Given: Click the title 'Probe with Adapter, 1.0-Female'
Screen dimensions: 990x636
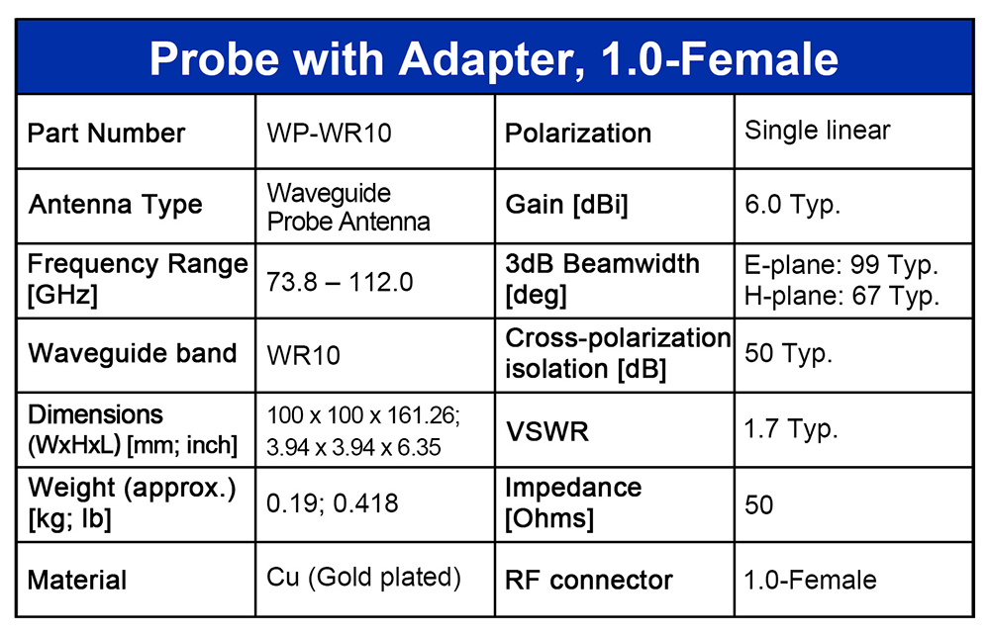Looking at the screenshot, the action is pos(494,58).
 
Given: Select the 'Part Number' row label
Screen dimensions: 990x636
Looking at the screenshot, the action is pos(106,134).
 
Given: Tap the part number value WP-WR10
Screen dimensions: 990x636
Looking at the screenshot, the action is pos(329,134).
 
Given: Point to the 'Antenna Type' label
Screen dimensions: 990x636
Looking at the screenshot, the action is pos(115,205).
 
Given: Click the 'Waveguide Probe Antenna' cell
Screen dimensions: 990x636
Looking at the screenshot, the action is pos(347,207).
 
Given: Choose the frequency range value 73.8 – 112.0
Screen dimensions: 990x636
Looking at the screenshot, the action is pos(340,282).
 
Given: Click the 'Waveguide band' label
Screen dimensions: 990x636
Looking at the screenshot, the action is pos(132,353).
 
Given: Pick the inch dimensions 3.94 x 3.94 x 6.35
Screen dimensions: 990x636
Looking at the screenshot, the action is pos(353,447).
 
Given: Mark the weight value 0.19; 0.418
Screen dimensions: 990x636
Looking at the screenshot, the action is pos(332,502).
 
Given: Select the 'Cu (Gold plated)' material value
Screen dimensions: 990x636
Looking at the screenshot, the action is pos(363,578).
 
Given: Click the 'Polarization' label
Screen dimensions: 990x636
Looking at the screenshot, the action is pos(578,134).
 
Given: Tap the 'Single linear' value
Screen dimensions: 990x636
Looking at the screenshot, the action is pos(817,131).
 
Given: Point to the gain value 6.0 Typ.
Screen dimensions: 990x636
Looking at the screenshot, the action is pos(792,205).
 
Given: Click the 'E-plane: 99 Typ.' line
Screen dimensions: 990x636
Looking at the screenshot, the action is pos(841,265).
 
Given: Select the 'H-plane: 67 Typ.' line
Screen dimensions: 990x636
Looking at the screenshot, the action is pos(841,296).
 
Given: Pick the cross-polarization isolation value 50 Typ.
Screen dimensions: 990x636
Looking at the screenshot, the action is pos(788,353).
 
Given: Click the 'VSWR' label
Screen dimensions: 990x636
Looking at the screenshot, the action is pos(546,432).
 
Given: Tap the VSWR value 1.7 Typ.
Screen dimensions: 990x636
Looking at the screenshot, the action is pos(790,429).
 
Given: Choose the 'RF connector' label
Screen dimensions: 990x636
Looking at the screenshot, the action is pos(588,581).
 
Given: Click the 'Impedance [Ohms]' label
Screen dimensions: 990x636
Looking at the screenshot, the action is pos(573,502).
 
